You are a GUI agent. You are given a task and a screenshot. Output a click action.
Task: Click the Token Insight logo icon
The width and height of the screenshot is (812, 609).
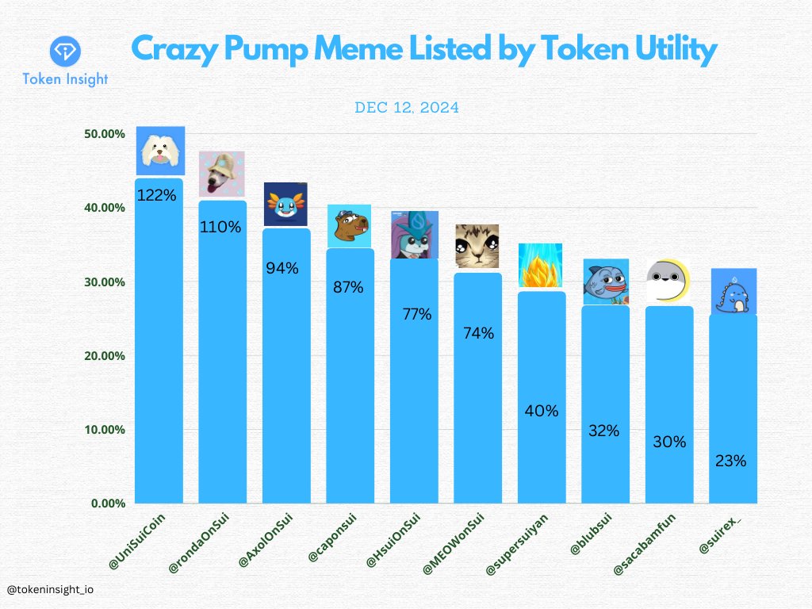point(65,52)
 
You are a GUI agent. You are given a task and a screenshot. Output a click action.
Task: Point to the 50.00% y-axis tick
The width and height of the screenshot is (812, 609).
point(104,134)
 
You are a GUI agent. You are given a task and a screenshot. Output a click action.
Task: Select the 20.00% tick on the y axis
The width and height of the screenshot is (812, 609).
point(104,356)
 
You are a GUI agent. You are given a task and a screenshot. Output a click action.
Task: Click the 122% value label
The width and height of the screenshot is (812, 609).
point(157,195)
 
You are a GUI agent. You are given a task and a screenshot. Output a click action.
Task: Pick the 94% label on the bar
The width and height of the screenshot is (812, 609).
point(282,268)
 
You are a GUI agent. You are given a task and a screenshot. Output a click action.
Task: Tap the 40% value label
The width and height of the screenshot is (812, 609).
point(542,411)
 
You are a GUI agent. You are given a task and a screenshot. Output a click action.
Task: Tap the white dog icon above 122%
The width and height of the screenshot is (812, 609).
point(160,151)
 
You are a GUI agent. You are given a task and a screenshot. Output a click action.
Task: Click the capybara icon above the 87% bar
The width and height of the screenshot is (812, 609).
point(349,226)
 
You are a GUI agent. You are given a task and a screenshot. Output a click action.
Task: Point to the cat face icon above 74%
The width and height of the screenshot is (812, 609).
point(477,247)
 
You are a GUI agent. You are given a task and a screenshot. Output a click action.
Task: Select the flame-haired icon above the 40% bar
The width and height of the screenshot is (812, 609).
point(540,266)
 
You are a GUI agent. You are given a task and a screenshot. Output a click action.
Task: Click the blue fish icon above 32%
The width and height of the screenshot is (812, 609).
point(606,282)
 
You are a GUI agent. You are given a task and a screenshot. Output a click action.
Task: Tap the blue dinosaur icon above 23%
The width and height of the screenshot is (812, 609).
point(733,292)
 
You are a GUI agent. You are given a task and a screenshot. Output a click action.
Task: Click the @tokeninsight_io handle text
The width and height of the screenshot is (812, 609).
point(49,590)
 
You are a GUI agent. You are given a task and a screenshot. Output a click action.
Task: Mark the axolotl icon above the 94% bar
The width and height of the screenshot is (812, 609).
point(285,205)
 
